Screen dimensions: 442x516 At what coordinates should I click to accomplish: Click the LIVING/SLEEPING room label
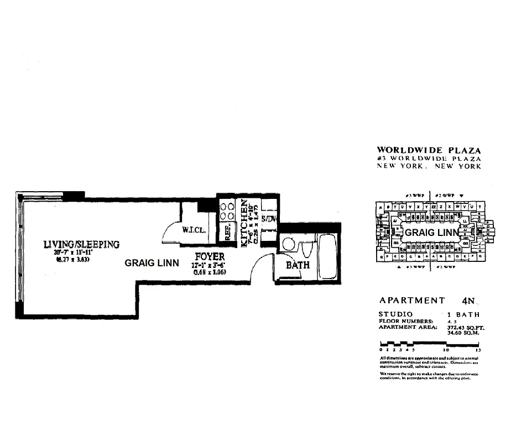(82, 244)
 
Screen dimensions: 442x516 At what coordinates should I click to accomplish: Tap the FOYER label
(210, 257)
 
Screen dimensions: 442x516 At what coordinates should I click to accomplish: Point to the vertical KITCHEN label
(244, 223)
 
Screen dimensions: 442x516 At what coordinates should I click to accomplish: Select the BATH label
(297, 266)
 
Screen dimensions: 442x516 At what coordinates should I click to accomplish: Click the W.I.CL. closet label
(194, 230)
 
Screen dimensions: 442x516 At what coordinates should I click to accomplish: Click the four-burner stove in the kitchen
(227, 212)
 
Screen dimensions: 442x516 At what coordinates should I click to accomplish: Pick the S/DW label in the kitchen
(268, 219)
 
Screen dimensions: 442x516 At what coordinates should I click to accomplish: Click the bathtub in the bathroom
(327, 256)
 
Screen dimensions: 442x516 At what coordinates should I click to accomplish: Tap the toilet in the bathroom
(306, 248)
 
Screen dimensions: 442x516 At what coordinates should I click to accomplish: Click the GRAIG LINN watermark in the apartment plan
(152, 263)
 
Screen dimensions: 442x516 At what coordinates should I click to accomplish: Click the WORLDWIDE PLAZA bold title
(429, 150)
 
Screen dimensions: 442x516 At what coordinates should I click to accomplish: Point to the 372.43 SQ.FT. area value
(462, 327)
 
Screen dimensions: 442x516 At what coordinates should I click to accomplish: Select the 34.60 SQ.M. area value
(461, 333)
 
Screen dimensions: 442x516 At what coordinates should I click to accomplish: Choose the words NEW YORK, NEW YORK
(429, 166)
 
